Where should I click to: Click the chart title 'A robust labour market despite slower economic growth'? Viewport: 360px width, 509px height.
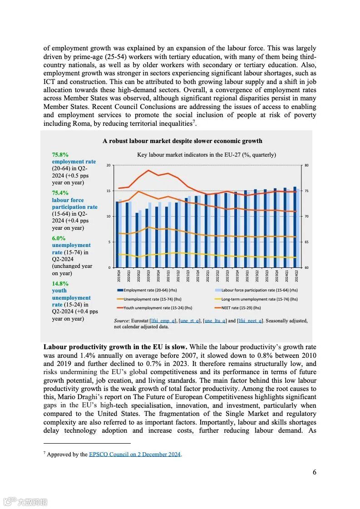pos(182,141)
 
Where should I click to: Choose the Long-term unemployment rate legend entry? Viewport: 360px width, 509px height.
pos(259,299)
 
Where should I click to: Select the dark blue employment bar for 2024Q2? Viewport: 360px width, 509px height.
pos(295,227)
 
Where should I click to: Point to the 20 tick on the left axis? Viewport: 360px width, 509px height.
pos(108,165)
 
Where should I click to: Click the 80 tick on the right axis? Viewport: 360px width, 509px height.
pos(306,165)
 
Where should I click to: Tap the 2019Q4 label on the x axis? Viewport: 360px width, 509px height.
pos(118,276)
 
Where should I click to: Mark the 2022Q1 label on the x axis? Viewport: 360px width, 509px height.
pos(207,276)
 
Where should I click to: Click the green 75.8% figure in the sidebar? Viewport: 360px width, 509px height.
pos(60,154)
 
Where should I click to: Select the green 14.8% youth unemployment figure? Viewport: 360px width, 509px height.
pos(60,283)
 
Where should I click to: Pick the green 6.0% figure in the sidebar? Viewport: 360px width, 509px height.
pos(59,238)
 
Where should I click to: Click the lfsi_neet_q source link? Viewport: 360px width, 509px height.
pos(250,321)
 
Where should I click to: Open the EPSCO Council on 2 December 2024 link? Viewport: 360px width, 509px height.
pos(135,454)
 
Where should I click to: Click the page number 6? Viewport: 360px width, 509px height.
pos(314,472)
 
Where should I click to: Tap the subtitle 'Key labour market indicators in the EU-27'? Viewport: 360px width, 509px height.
pos(207,155)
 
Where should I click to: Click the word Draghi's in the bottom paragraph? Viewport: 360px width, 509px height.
pos(95,397)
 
